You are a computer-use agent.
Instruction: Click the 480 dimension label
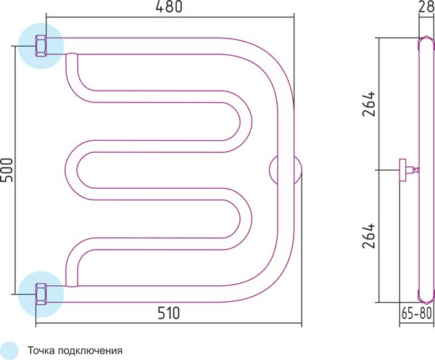click(169, 7)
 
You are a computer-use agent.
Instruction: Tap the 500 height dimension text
click(7, 170)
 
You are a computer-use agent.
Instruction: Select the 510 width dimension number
click(169, 313)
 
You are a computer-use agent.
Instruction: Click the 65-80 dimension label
click(416, 313)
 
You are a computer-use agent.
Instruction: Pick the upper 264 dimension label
click(369, 103)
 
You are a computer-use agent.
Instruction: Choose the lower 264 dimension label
click(369, 236)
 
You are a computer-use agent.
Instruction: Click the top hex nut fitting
click(41, 46)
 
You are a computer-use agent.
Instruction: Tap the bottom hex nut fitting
click(41, 295)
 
